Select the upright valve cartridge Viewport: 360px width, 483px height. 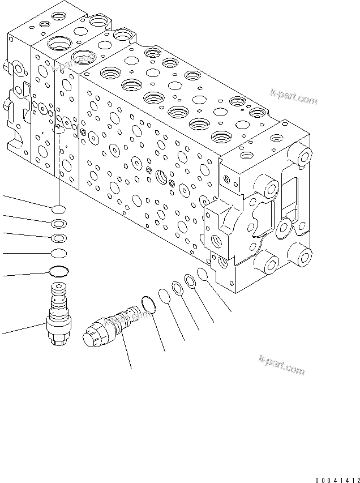tap(58, 317)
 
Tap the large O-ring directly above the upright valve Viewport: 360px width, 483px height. tap(58, 272)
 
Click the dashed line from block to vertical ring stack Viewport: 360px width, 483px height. tap(58, 164)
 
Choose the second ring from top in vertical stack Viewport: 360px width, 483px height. tap(58, 223)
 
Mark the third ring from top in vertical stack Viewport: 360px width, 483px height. tap(58, 238)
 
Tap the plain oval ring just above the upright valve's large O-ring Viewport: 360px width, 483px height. tap(58, 253)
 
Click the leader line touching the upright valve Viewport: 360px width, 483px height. tap(23, 328)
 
